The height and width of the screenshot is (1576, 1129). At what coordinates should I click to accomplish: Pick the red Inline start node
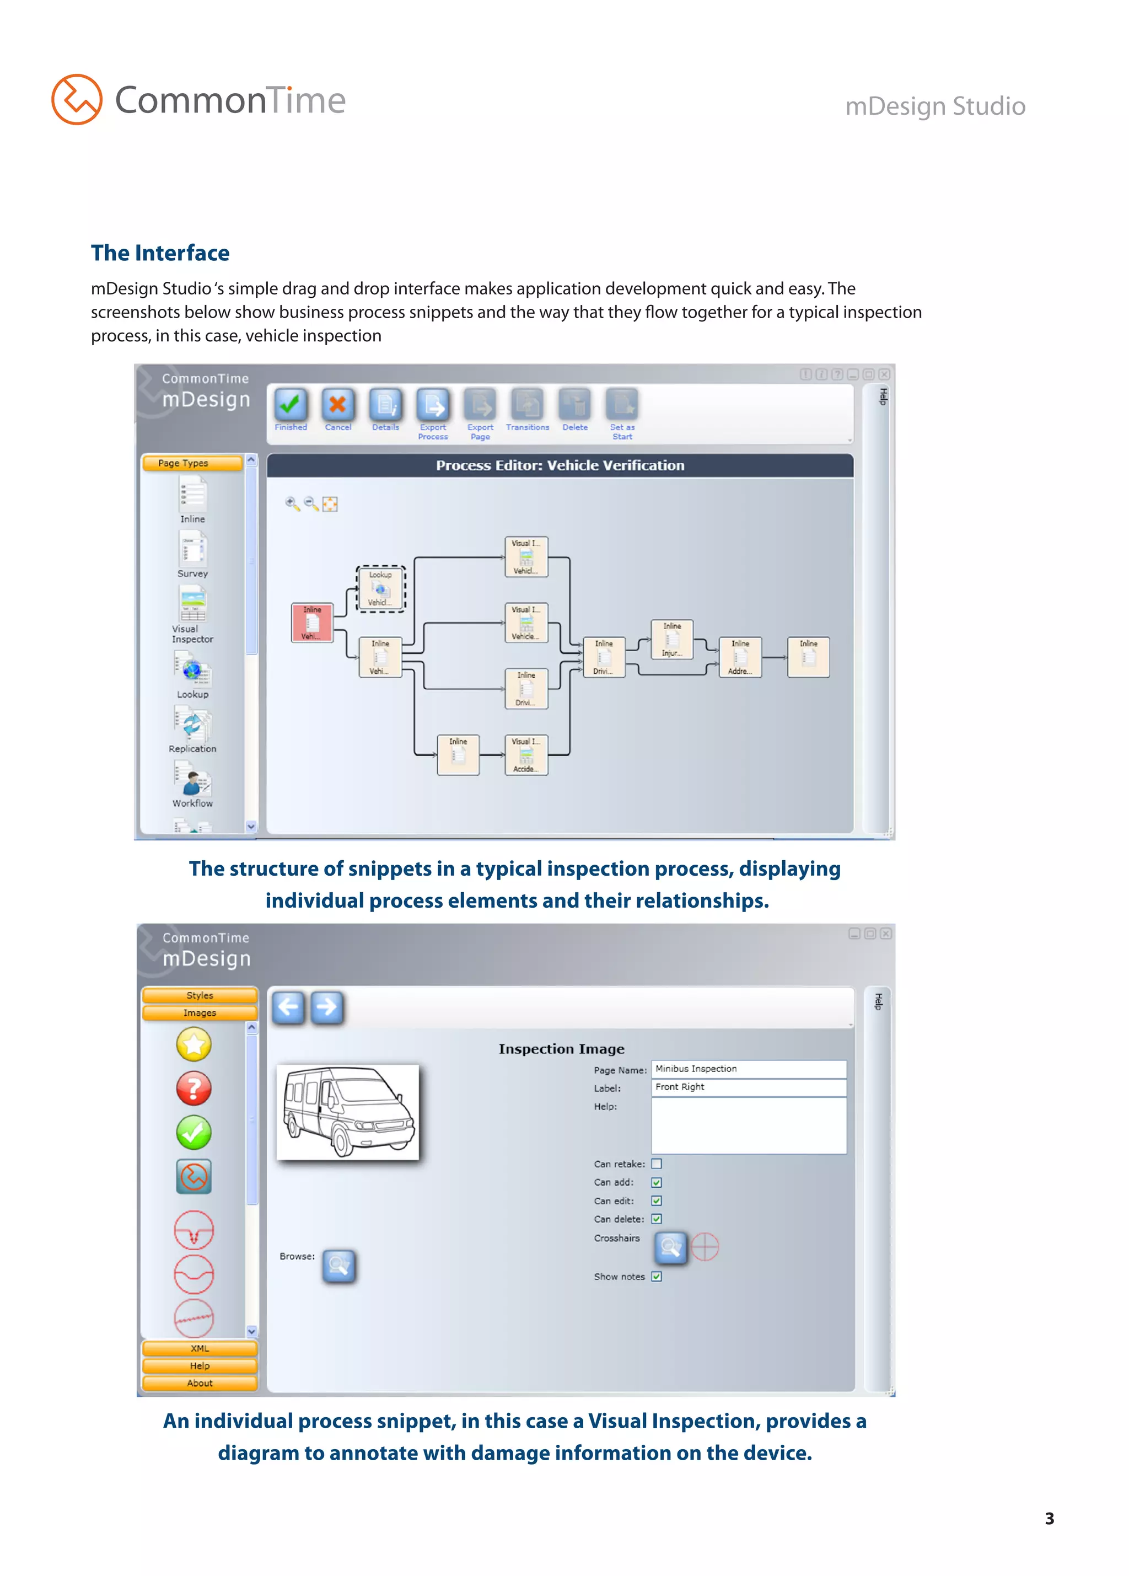(x=312, y=623)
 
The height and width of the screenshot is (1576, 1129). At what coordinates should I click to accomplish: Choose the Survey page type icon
(x=192, y=550)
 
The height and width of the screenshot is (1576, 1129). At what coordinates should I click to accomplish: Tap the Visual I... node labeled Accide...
(x=526, y=755)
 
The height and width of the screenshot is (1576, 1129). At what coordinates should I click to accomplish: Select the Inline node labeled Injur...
(x=672, y=639)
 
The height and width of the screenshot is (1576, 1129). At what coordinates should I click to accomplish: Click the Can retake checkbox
(x=656, y=1164)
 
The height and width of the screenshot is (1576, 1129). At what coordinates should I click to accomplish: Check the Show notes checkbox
(x=656, y=1277)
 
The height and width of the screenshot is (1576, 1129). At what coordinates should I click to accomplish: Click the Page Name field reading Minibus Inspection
(x=748, y=1069)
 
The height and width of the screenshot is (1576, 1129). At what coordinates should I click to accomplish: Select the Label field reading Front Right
(x=748, y=1087)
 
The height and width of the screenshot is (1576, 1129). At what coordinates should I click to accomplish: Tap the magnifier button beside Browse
(x=339, y=1266)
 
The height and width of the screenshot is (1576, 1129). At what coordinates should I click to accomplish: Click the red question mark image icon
(x=194, y=1088)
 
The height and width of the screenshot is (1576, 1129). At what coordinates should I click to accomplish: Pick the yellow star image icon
(x=194, y=1044)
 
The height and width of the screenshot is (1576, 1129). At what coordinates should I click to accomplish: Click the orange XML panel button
(x=200, y=1348)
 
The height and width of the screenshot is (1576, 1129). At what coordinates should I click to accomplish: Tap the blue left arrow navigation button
(x=288, y=1007)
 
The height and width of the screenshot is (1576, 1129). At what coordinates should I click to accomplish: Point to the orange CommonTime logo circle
(x=77, y=99)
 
